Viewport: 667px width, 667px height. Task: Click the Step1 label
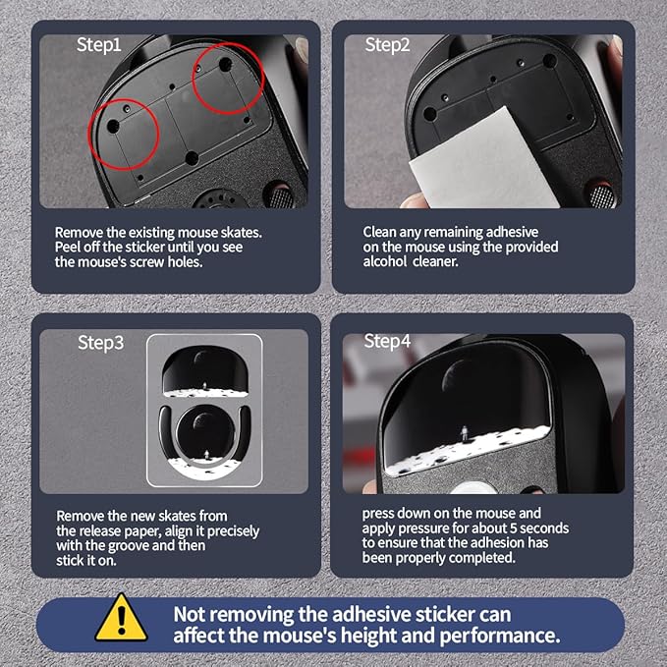(98, 45)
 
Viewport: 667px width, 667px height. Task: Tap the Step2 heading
(387, 44)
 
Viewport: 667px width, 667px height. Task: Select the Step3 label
(101, 343)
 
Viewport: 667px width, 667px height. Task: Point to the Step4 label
(387, 341)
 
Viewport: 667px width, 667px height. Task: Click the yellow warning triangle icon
(121, 618)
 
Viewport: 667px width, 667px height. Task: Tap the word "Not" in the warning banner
(190, 615)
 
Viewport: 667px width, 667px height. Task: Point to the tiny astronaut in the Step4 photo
(464, 434)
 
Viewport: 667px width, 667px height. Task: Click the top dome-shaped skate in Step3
(205, 371)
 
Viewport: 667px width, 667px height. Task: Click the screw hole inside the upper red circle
(225, 65)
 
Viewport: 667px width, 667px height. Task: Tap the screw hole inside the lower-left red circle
(113, 126)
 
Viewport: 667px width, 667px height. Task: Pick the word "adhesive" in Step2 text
(512, 232)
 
